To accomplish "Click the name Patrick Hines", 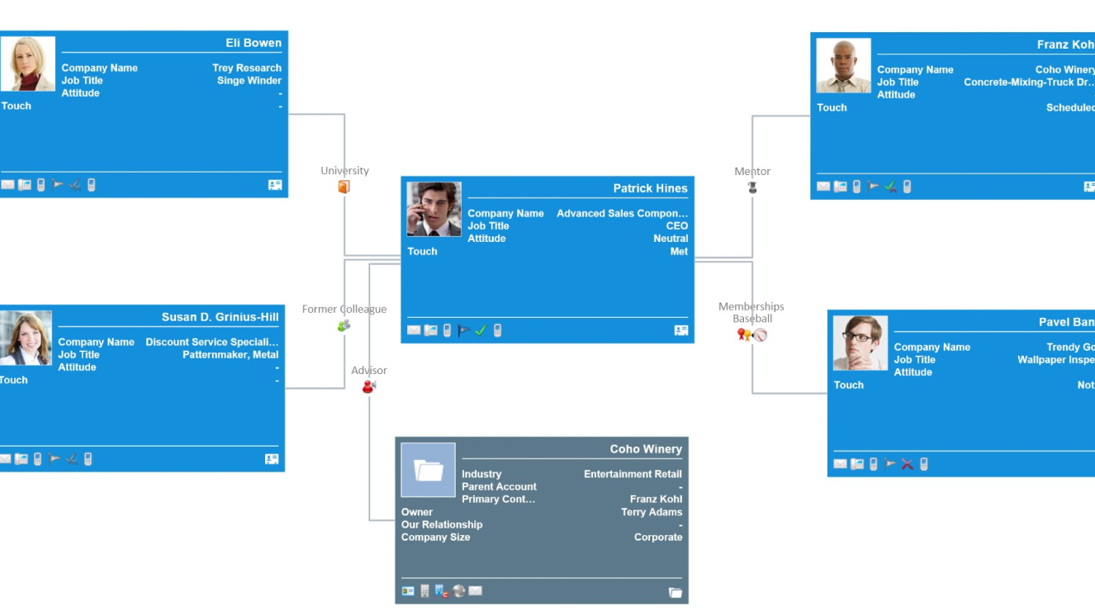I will tap(650, 188).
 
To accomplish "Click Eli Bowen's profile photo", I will tap(27, 64).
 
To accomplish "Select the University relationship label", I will tap(344, 171).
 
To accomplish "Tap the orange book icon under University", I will tap(344, 187).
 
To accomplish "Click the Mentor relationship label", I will tap(752, 172).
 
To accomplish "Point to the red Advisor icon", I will tap(368, 386).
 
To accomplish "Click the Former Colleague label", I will tap(344, 310).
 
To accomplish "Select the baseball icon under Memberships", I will tap(761, 334).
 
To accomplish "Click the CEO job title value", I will tap(676, 225).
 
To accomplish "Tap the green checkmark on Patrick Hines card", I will tap(481, 330).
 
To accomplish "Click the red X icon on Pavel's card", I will tap(907, 464).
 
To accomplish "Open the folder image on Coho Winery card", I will tap(428, 470).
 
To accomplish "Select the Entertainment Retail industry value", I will tap(633, 474).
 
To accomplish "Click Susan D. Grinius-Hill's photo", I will tap(26, 338).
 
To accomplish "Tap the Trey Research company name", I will tap(246, 68).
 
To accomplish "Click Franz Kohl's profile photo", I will tap(843, 65).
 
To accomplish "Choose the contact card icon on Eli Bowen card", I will tap(275, 185).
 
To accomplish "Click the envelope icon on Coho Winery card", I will tap(476, 591).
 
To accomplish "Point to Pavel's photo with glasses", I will tap(860, 343).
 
